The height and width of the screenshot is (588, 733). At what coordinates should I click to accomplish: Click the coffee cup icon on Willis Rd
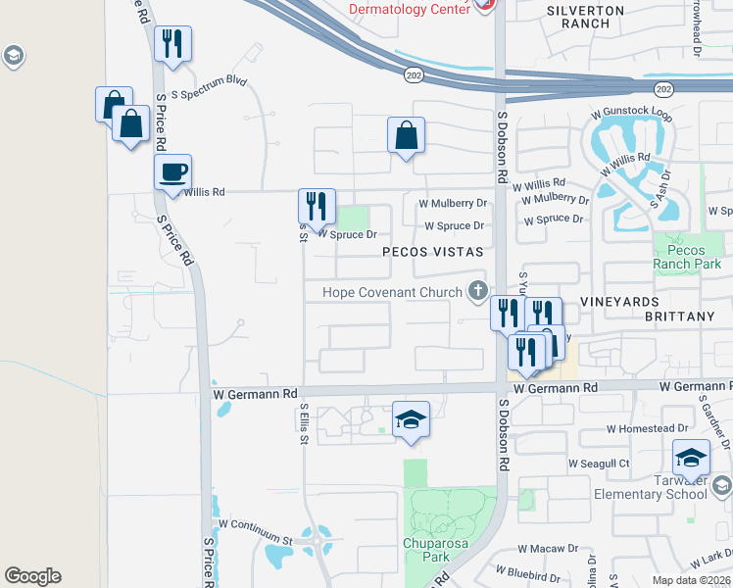tap(172, 172)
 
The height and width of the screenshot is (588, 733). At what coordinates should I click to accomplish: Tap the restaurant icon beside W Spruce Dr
tap(317, 206)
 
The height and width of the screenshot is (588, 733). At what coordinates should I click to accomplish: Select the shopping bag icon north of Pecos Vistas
tap(406, 136)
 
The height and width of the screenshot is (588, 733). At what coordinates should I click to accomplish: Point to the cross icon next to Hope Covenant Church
tap(478, 290)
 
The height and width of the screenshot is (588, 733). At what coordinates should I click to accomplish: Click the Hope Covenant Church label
tap(393, 292)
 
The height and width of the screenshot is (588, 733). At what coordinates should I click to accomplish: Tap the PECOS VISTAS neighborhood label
tap(433, 252)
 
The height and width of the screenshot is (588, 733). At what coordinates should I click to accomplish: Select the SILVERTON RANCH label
tap(585, 16)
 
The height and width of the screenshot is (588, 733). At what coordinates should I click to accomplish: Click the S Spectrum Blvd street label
tap(209, 88)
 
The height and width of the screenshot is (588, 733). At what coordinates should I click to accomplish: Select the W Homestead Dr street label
tap(647, 428)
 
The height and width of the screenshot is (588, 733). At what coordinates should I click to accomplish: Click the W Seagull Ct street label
tap(598, 463)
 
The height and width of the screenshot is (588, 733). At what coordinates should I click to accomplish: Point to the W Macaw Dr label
tap(549, 549)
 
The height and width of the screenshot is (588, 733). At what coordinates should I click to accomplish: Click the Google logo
tap(32, 576)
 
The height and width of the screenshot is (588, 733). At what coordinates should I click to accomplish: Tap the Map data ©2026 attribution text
tap(690, 580)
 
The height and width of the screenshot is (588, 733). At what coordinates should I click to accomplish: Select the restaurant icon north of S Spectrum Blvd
tap(172, 43)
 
